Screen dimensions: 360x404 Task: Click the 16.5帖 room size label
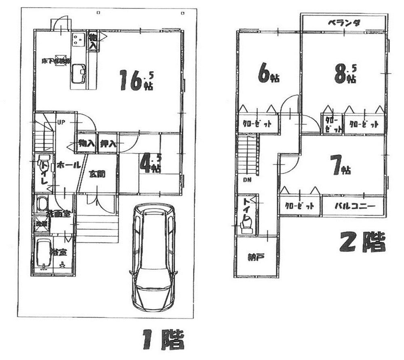click(136, 80)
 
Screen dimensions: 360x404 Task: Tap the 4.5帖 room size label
click(150, 164)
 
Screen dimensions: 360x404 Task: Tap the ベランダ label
click(343, 23)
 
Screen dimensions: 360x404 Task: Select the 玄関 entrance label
click(97, 175)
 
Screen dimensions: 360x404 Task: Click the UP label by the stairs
click(61, 122)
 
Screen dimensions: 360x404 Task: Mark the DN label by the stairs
click(247, 180)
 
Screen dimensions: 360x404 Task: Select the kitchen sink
click(78, 74)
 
